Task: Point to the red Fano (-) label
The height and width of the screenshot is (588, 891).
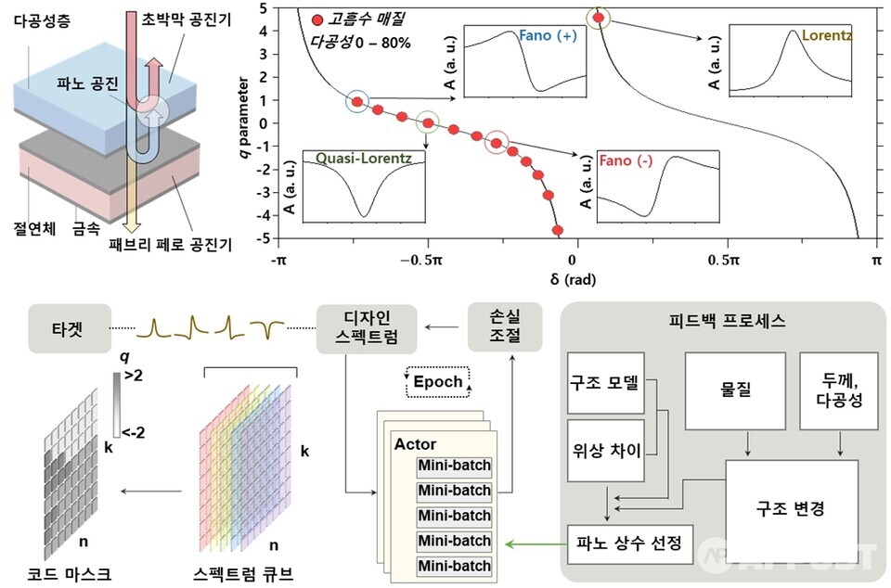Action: (x=626, y=161)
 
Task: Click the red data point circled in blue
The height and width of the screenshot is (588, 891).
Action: (x=356, y=102)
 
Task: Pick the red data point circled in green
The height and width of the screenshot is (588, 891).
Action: (x=428, y=121)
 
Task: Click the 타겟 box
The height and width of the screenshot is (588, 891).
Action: (x=66, y=327)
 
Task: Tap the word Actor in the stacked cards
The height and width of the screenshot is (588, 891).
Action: (x=415, y=444)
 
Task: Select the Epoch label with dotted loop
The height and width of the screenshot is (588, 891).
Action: (x=437, y=381)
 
